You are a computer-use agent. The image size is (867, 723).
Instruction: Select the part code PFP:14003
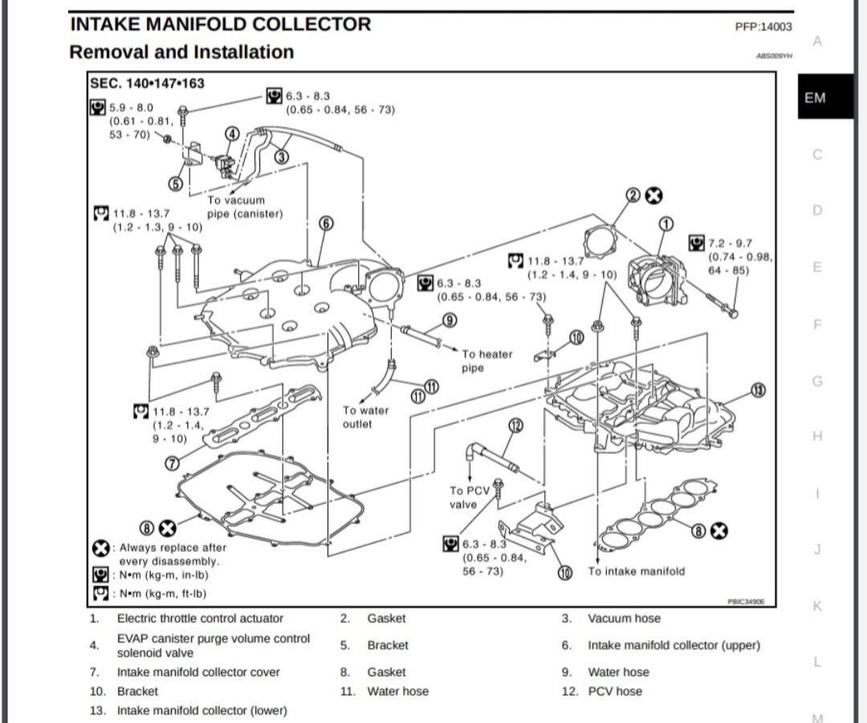click(x=763, y=27)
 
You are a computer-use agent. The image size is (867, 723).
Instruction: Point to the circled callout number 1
click(x=666, y=223)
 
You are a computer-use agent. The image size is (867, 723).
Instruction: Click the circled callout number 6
click(x=325, y=223)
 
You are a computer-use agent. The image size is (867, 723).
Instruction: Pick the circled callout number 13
click(x=758, y=390)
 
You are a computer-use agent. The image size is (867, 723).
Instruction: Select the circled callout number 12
click(x=515, y=425)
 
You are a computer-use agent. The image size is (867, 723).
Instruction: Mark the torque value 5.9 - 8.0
click(x=131, y=108)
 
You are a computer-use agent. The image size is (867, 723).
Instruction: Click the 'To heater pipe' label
click(x=486, y=361)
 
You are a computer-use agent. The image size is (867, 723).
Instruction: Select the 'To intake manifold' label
click(x=636, y=571)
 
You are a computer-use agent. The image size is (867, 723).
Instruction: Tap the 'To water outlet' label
click(x=365, y=417)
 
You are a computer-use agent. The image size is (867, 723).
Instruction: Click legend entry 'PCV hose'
click(x=615, y=692)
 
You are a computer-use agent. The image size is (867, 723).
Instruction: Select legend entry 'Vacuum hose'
click(x=624, y=619)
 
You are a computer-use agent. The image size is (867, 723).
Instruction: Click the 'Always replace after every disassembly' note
click(x=168, y=554)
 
